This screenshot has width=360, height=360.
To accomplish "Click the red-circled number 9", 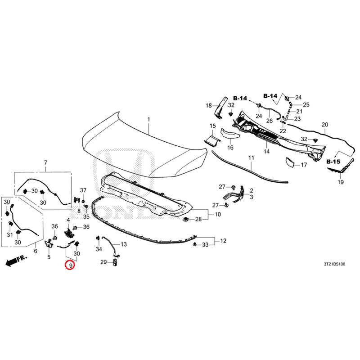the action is coord(71,265).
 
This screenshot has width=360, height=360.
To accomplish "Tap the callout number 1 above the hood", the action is coord(149,119).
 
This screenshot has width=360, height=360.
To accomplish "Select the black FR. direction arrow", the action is coord(16,261).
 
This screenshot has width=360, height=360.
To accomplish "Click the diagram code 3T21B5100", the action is coord(334,264).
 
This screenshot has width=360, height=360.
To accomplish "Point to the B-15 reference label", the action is coord(333,162).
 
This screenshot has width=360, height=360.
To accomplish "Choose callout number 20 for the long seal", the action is coord(325,125).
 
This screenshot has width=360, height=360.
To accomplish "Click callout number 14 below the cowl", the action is coord(266,151).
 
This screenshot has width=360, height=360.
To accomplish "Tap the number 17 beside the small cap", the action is coord(304,165).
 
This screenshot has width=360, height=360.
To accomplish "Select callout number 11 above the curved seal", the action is coord(252,158).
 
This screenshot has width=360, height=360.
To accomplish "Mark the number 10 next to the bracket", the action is coord(218,214).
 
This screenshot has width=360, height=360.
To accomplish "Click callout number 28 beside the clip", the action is coord(198,219).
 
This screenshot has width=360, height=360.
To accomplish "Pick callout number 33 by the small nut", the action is coord(205,245).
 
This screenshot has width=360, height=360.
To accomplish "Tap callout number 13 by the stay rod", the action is coord(123,244).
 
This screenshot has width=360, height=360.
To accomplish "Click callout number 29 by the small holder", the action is coord(103,262).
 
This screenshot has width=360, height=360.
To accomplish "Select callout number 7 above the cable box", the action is coord(45,162).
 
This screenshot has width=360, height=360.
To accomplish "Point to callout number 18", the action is coord(208,105).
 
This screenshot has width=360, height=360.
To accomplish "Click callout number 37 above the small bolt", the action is coord(83,190).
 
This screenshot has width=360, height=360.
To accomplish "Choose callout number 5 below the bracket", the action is coord(49,256).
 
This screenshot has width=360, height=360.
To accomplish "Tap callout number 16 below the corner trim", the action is coord(230,148).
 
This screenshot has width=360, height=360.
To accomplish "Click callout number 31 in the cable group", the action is coord(9,234).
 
